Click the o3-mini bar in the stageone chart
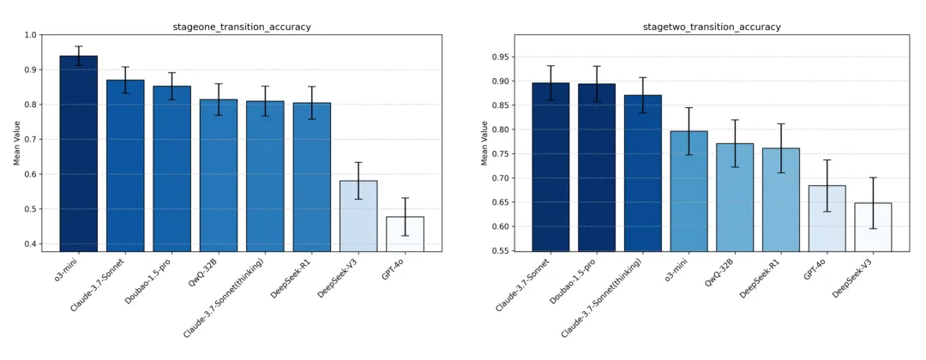(79, 154)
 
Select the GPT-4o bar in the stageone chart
(405, 234)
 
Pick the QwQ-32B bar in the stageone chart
(219, 176)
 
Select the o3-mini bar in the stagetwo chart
(688, 191)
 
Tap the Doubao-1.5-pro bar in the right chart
(597, 167)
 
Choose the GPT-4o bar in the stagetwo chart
(827, 219)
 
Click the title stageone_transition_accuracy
(242, 27)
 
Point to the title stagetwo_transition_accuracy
(712, 27)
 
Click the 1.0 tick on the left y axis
(31, 35)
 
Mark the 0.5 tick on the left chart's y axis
(31, 209)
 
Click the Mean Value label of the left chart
(17, 143)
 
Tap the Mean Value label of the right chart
(484, 143)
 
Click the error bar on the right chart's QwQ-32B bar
(735, 143)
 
